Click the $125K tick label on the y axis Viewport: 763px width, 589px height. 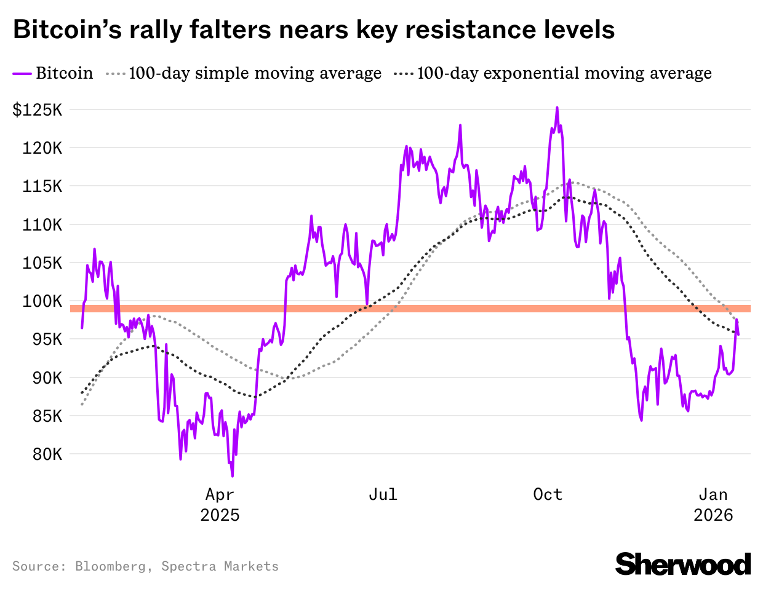tap(38, 111)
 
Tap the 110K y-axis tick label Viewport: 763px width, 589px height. tap(42, 225)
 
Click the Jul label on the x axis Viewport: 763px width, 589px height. tap(383, 494)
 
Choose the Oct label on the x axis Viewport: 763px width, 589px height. tap(548, 494)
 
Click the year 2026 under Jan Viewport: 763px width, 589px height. tap(713, 515)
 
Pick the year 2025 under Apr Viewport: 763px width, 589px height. tap(220, 515)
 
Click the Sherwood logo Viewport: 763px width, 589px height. tap(683, 564)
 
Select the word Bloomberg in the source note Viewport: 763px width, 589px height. tap(111, 566)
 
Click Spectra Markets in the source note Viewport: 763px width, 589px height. tap(220, 566)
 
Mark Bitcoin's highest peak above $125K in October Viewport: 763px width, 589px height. tap(557, 108)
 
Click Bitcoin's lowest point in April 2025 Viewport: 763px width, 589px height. tap(232, 476)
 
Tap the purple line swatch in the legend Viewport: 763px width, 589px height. tap(22, 74)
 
